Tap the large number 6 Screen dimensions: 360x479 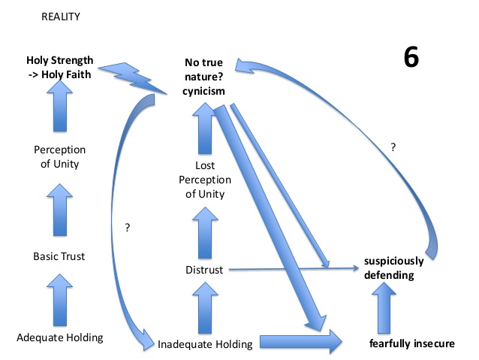click(411, 59)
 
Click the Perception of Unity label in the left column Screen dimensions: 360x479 click(60, 156)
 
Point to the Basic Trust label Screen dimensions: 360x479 click(59, 256)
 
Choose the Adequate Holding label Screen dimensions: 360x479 click(60, 337)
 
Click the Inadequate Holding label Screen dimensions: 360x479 click(204, 344)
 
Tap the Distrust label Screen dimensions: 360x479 click(204, 270)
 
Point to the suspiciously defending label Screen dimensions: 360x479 click(393, 268)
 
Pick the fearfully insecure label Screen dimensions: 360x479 click(411, 343)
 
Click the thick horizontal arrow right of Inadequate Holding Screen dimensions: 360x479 click(300, 343)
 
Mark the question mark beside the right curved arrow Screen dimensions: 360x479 click(393, 148)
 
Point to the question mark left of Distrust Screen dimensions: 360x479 click(128, 226)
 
